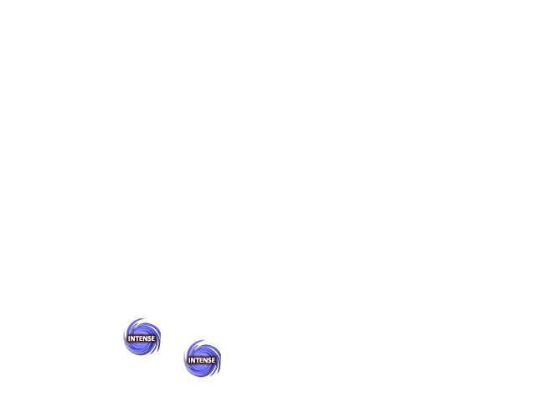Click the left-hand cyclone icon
pos(142,337)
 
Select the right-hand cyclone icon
pos(203,358)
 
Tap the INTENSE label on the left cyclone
pos(142,338)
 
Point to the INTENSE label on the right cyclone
pos(202,360)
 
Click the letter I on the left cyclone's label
pos(129,338)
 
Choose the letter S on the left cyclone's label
pos(149,338)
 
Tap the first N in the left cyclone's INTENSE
pos(132,338)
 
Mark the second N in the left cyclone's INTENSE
pos(145,338)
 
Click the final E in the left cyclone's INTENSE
pos(153,338)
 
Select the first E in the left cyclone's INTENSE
pos(141,338)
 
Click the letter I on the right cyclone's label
pos(189,360)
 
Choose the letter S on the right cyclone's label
pos(209,360)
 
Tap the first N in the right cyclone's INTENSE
pos(193,360)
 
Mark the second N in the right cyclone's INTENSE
pos(205,360)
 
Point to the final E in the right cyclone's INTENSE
pos(214,360)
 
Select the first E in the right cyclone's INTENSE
pos(201,360)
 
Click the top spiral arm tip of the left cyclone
pos(144,318)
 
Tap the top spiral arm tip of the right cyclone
pos(204,340)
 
